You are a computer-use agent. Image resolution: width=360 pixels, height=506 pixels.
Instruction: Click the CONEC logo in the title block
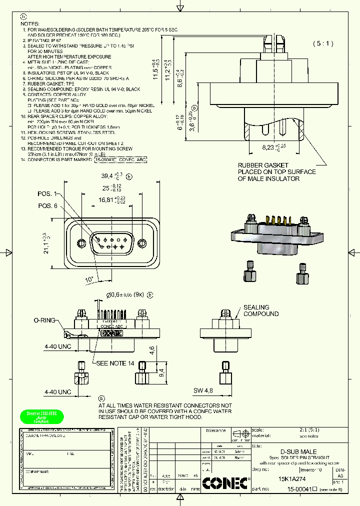pos(226,483)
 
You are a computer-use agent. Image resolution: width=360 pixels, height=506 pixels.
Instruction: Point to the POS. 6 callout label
pos(48,206)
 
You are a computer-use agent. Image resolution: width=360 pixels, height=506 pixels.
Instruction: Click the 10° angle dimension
pos(89,279)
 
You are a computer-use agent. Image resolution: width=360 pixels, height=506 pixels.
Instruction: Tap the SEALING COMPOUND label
pos(261,310)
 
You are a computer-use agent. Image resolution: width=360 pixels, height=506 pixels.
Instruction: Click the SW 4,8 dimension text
pos(203,390)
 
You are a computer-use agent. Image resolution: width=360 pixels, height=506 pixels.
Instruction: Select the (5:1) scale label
pos(323,43)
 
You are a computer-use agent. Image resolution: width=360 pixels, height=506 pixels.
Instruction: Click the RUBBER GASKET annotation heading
pos(263,165)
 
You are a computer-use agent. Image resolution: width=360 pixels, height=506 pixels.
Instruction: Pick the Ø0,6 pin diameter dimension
pos(124,294)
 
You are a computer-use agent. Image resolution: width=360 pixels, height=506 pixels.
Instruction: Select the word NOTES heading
pos(30,23)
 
